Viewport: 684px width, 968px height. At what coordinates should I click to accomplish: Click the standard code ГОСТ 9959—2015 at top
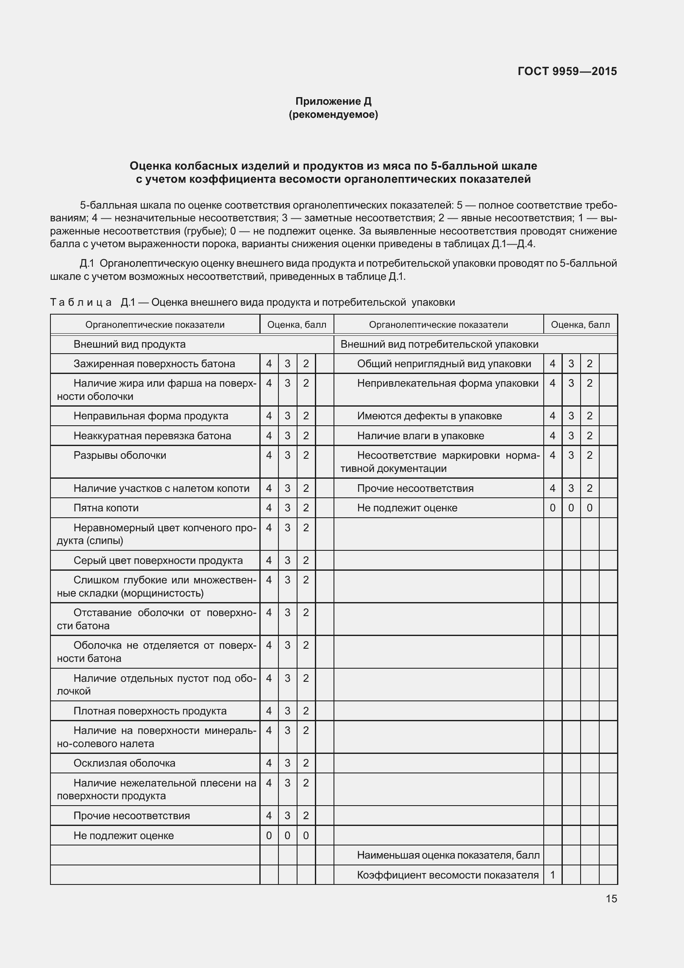pyautogui.click(x=567, y=71)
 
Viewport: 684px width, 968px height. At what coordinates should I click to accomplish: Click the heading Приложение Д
pyautogui.click(x=333, y=101)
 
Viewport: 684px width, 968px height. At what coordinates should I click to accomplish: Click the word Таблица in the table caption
pyautogui.click(x=81, y=302)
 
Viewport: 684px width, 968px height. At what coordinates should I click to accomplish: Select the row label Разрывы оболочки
pyautogui.click(x=120, y=455)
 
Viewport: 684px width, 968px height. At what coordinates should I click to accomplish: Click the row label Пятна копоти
pyautogui.click(x=106, y=508)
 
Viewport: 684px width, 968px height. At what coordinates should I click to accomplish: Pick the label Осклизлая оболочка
pyautogui.click(x=124, y=763)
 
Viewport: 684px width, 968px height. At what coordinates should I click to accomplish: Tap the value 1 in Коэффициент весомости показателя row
pyautogui.click(x=553, y=875)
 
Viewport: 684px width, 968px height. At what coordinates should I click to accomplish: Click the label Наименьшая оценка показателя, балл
pyautogui.click(x=448, y=855)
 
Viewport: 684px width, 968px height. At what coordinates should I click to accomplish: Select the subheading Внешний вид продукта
pyautogui.click(x=130, y=344)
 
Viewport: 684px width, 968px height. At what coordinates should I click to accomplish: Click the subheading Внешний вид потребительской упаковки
pyautogui.click(x=439, y=344)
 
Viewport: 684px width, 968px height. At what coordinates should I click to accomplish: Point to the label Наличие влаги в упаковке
pyautogui.click(x=420, y=436)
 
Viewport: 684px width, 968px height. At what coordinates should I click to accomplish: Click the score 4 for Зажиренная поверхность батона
pyautogui.click(x=269, y=364)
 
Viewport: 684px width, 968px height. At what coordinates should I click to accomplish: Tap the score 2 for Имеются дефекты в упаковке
pyautogui.click(x=589, y=416)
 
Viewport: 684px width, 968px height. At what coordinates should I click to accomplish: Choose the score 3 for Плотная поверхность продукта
pyautogui.click(x=287, y=711)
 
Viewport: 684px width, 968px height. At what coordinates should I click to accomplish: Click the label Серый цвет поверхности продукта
pyautogui.click(x=158, y=561)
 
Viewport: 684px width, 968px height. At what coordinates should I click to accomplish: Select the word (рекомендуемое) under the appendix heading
pyautogui.click(x=333, y=115)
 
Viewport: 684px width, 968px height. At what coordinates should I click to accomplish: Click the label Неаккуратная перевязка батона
pyautogui.click(x=152, y=436)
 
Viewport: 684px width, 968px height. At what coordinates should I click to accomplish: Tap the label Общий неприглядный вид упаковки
pyautogui.click(x=444, y=364)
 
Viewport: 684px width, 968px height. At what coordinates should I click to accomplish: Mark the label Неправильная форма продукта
pyautogui.click(x=151, y=416)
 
